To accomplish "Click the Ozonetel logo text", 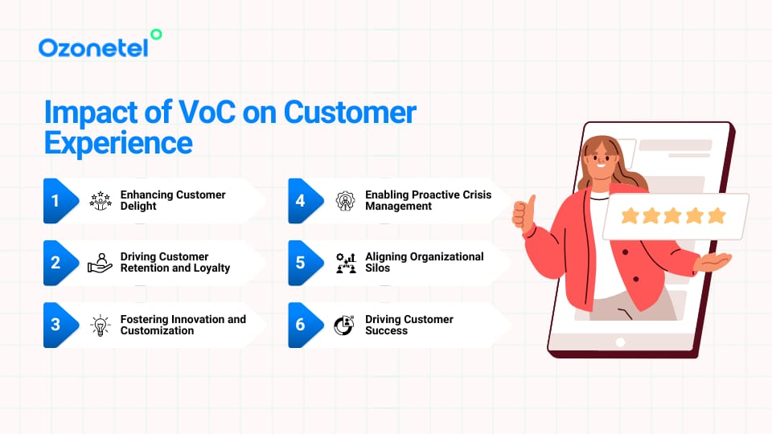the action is [x=93, y=47].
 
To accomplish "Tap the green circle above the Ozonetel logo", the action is [x=156, y=35].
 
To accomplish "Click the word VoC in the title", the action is [x=207, y=113].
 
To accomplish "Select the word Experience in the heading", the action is [x=118, y=144].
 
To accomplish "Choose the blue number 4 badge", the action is [x=305, y=201].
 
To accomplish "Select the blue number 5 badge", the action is [x=305, y=263].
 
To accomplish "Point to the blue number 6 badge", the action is [x=305, y=325].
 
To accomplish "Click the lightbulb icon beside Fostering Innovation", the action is [x=101, y=325].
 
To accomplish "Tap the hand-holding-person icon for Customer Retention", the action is [x=100, y=263].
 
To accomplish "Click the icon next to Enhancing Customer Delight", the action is [x=101, y=201].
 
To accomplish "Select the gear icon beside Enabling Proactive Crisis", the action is [x=345, y=201].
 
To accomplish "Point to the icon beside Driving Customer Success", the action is [x=344, y=325].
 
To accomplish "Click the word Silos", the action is [x=378, y=268].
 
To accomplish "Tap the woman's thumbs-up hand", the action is [x=524, y=213].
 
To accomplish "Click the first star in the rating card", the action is [x=630, y=215].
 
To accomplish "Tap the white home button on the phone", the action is [x=620, y=342].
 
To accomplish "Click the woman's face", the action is [x=601, y=160].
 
